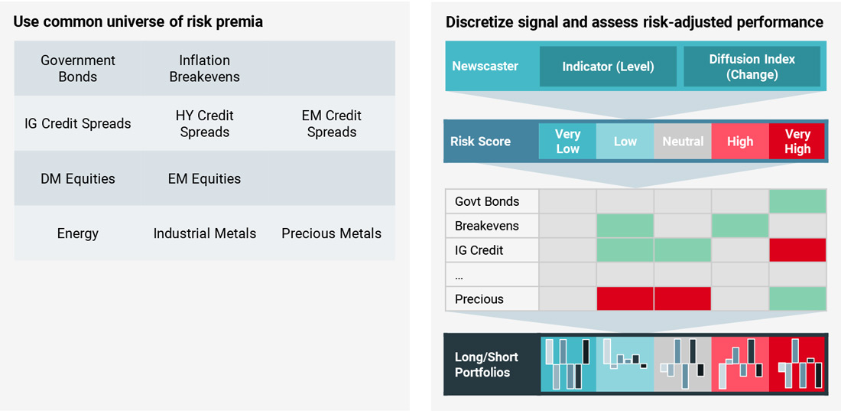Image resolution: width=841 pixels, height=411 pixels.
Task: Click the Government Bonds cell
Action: click(x=78, y=68)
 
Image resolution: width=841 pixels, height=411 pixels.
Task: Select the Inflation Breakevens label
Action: click(x=204, y=68)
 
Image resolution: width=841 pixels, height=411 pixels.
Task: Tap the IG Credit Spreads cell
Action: click(x=78, y=123)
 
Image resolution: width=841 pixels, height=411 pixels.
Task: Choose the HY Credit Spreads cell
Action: click(x=204, y=123)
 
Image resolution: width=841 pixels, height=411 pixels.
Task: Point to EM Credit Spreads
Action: click(x=331, y=123)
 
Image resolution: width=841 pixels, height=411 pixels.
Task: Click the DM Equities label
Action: click(x=78, y=178)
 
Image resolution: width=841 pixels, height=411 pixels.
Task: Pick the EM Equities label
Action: click(x=204, y=178)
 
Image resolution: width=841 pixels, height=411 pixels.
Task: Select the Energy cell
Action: click(x=78, y=233)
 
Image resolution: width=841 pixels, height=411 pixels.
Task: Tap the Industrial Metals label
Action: click(x=204, y=233)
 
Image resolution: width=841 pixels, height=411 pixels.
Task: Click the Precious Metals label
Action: click(x=331, y=233)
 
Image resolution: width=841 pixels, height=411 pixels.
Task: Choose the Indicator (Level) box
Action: click(x=608, y=67)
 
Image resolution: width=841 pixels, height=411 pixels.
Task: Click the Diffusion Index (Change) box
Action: click(x=752, y=67)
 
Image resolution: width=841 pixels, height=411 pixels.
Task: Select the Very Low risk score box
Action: click(x=567, y=142)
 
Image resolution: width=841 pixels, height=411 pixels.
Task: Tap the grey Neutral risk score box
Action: click(x=683, y=142)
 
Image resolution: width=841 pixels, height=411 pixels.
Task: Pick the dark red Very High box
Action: click(x=797, y=142)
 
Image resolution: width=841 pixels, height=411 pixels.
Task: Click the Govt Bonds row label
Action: click(x=487, y=201)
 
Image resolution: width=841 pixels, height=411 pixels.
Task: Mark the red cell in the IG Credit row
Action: click(x=797, y=250)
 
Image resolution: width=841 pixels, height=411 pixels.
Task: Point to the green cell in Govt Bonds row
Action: click(x=797, y=201)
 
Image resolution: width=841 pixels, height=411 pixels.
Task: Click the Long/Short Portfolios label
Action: click(x=486, y=364)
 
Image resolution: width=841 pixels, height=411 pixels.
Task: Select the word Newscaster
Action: click(x=485, y=67)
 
